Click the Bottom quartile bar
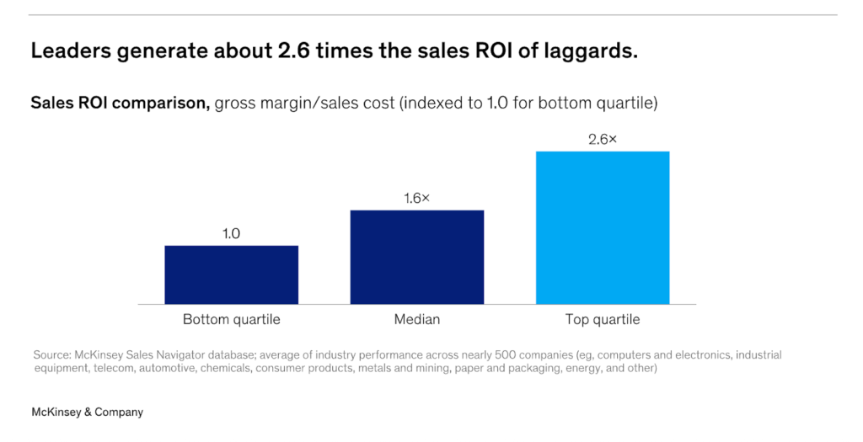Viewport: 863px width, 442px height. (231, 274)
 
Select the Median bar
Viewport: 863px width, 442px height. (416, 257)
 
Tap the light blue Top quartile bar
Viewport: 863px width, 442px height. (603, 227)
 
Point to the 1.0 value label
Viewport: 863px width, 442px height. (231, 233)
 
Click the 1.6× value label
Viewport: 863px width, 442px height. (416, 198)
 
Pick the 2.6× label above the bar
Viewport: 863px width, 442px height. (603, 139)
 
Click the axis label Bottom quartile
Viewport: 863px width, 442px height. (231, 320)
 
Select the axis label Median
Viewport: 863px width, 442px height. (416, 320)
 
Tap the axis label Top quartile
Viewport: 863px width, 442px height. (603, 320)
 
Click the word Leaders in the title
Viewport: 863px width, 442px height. (68, 51)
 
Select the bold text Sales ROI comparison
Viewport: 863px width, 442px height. (120, 104)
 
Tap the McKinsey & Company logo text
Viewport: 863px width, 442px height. (87, 412)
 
